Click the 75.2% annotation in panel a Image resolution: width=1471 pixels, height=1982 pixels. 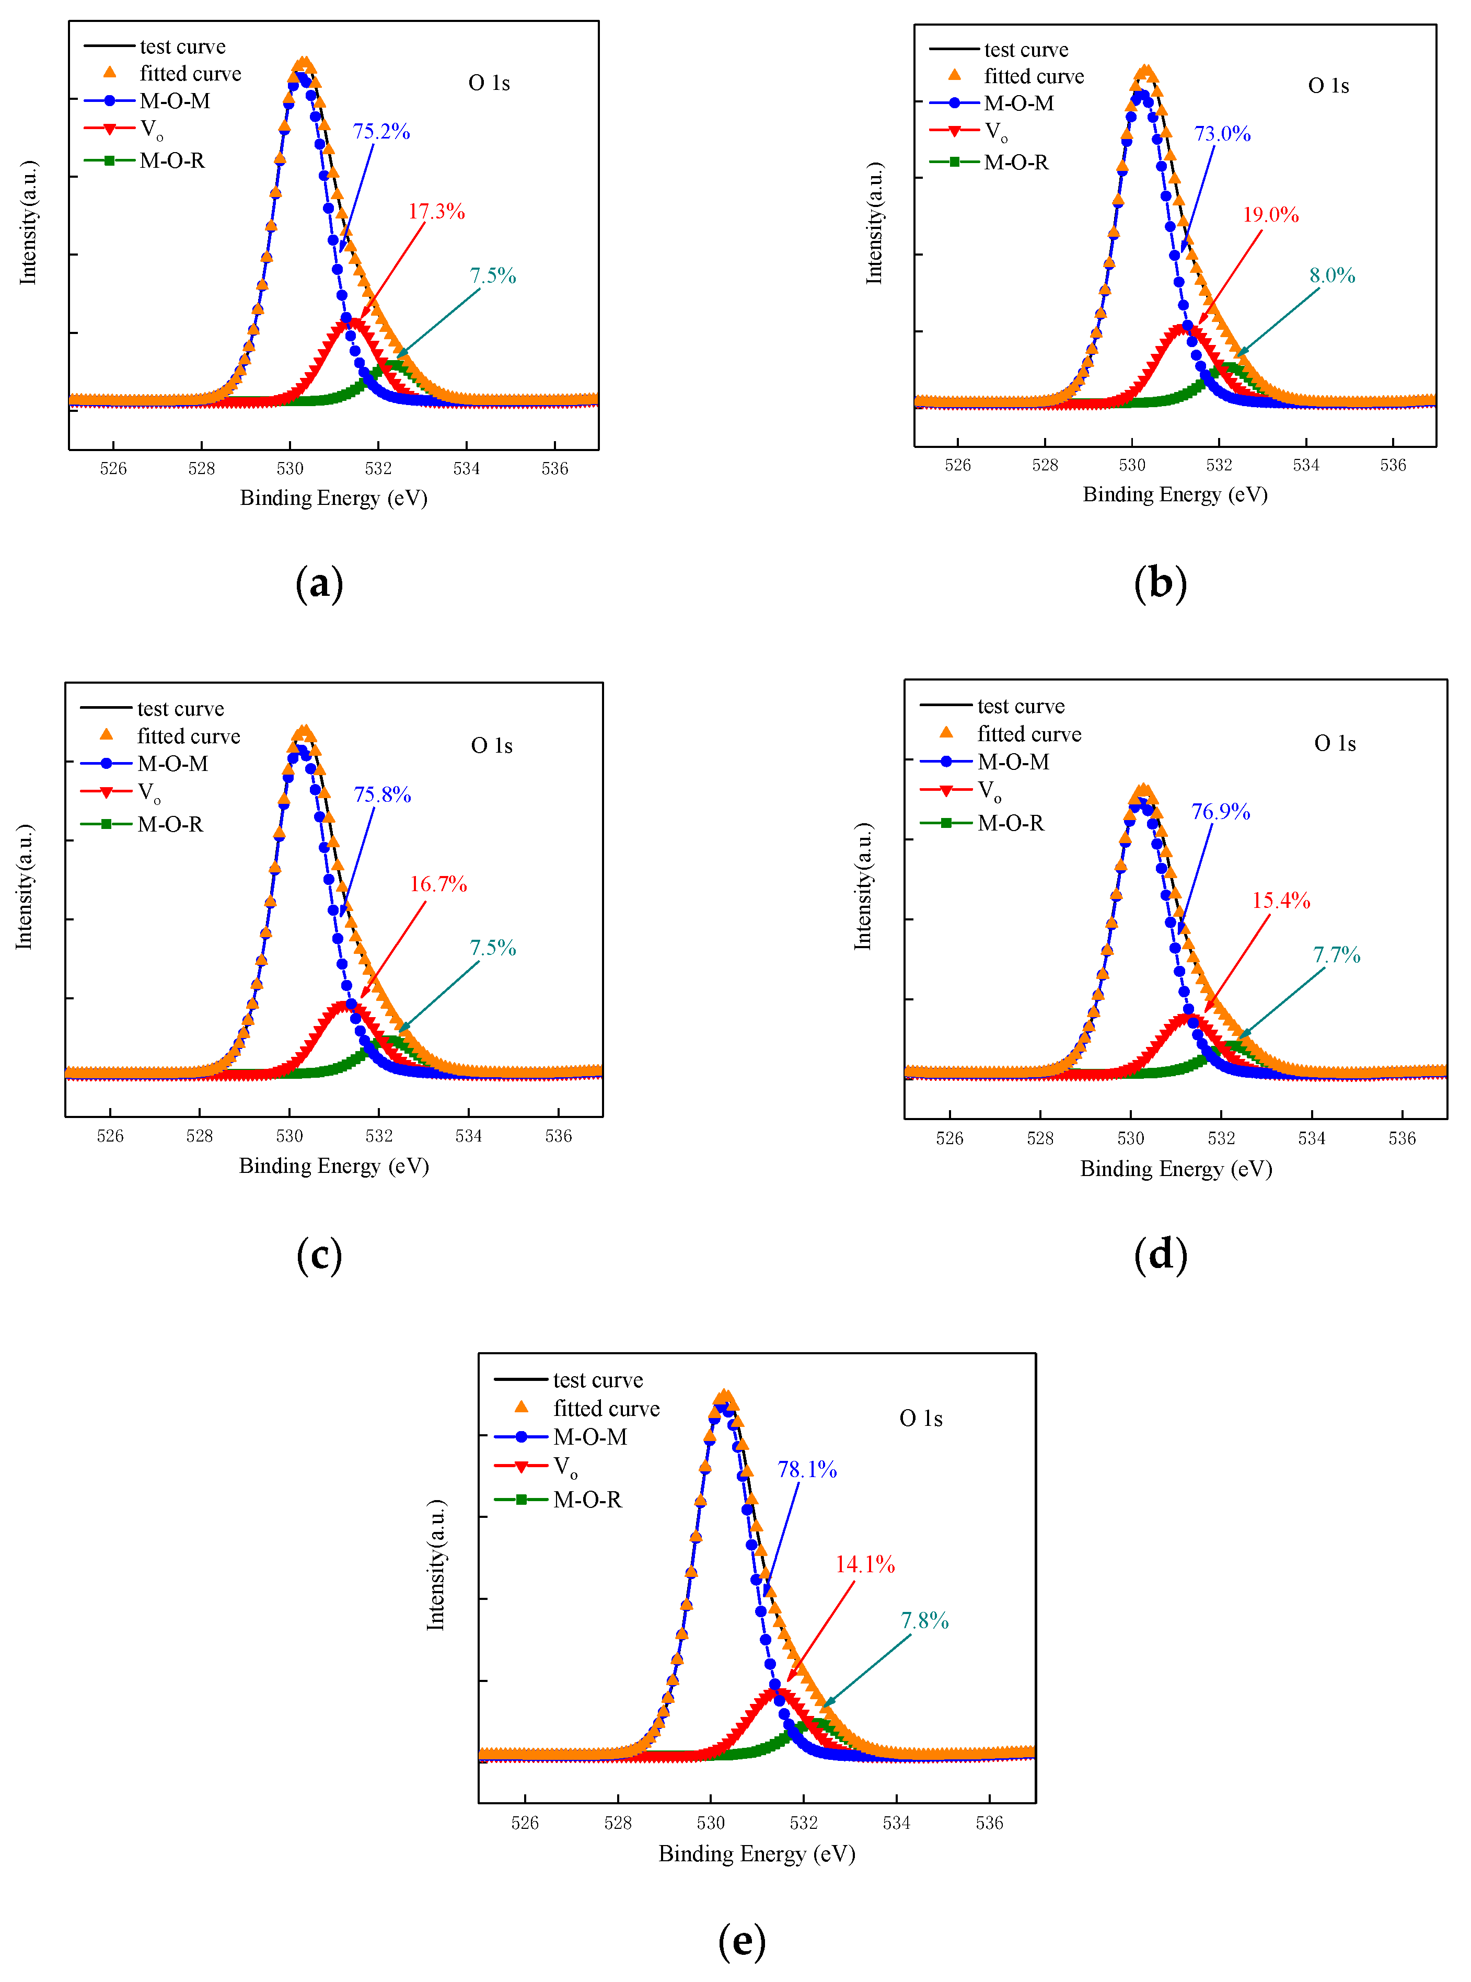coord(381,132)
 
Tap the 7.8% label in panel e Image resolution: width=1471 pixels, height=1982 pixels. coord(924,1620)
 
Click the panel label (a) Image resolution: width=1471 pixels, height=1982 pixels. coord(319,583)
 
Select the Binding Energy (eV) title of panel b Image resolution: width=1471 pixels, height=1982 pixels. coord(1175,494)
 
